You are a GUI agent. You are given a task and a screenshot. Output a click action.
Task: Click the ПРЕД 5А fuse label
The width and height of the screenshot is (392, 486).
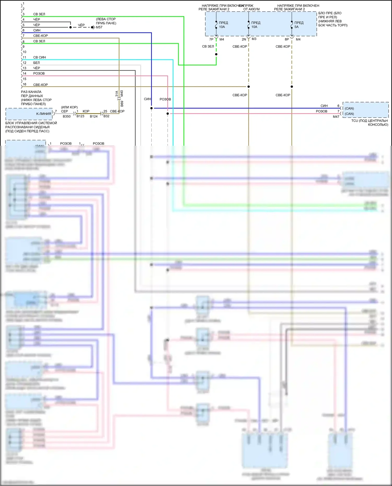coord(299,25)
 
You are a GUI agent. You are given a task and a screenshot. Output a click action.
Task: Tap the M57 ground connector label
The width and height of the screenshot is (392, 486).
coord(99,27)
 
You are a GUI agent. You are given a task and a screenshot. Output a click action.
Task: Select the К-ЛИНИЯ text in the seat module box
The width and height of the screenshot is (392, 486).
coord(44,114)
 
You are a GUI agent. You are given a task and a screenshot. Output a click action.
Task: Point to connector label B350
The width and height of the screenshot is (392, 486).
coord(67,116)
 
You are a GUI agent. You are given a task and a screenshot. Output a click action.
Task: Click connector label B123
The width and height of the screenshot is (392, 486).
coord(80,116)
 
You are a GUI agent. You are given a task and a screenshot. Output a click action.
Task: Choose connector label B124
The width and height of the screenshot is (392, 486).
coord(94,116)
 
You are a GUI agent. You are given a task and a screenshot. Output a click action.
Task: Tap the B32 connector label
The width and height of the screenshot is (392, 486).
coord(106,116)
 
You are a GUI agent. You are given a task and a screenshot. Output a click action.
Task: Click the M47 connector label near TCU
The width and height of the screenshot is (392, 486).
coord(336,117)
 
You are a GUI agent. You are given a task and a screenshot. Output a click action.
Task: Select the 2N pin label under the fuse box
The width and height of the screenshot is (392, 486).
coord(244,39)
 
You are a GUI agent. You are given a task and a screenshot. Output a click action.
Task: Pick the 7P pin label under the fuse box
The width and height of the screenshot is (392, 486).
coord(211,39)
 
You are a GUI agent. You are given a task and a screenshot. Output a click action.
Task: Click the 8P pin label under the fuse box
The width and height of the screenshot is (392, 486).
coord(287,39)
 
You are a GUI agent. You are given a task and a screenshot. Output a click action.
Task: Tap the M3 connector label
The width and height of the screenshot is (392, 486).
coord(254,39)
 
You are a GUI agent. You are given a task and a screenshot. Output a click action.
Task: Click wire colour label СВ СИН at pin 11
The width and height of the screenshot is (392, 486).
coord(39,57)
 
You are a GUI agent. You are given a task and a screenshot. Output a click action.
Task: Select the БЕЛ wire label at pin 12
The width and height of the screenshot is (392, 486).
coord(37,63)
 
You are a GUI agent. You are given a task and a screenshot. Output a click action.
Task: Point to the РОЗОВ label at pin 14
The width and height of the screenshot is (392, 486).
coord(39,73)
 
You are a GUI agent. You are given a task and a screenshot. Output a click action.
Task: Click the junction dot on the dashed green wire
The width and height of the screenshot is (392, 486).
coord(216,54)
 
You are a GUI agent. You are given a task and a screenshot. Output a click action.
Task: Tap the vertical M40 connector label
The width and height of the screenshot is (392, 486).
coord(122,93)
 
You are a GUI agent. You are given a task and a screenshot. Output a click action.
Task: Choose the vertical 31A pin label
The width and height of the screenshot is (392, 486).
coord(117,94)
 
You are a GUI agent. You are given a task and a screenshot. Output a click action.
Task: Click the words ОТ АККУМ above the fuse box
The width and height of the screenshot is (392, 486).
coord(251,9)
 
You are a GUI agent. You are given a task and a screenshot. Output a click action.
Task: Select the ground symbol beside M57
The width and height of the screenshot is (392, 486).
coord(93,27)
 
